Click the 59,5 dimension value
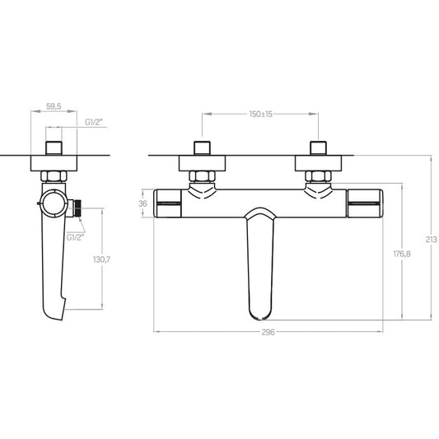(54, 107)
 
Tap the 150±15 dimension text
(260, 114)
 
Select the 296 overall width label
(269, 332)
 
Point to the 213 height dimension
(431, 240)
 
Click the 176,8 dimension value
(402, 254)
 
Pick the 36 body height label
(142, 203)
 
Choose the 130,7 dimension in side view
(102, 259)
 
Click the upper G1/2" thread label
(94, 122)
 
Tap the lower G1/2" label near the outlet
(75, 237)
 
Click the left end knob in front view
(168, 203)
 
